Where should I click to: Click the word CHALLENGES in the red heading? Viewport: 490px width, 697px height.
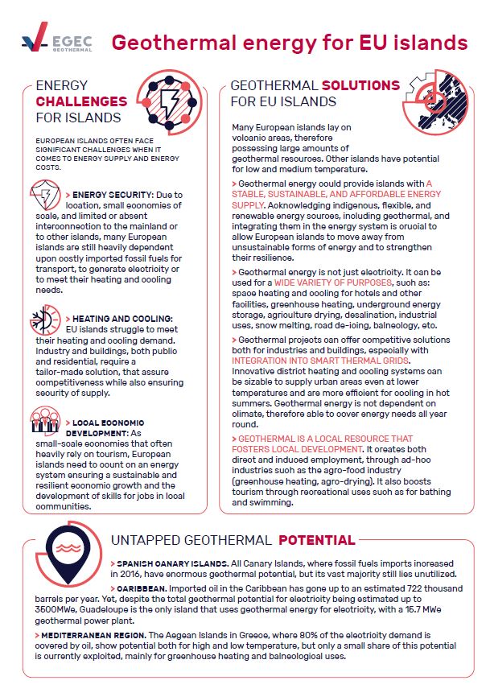pos(81,101)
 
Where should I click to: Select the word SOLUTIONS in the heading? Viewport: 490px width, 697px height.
pos(360,85)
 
